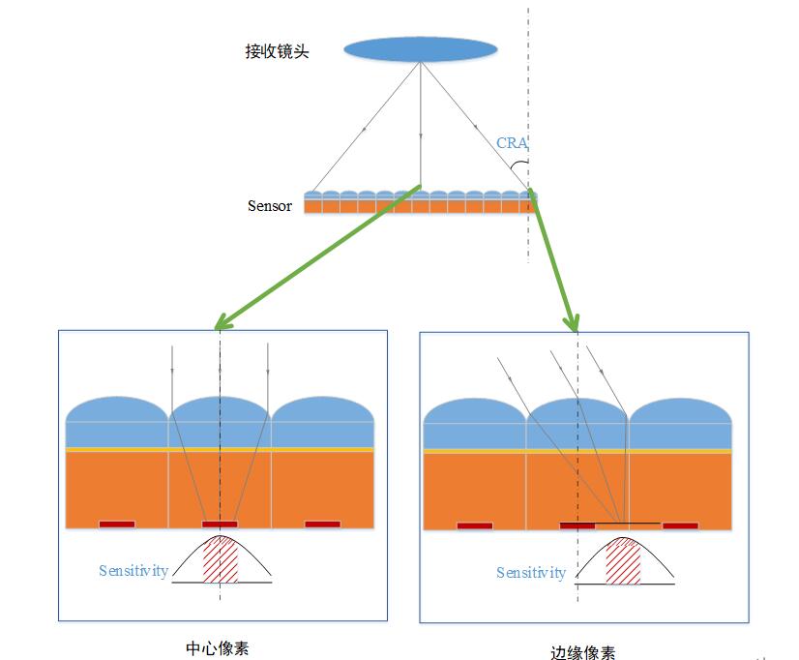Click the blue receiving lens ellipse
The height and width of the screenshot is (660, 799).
[x=421, y=50]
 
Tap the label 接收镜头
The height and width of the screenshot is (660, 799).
[x=277, y=51]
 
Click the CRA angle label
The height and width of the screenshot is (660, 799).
[x=512, y=143]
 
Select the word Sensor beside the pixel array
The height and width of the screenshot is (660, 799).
[x=269, y=206]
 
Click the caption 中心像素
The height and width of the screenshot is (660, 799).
[x=217, y=647]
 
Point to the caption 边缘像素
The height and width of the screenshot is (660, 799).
[x=581, y=651]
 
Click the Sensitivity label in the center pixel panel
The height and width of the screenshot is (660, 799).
[x=133, y=571]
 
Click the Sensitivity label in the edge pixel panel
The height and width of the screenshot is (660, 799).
[x=531, y=573]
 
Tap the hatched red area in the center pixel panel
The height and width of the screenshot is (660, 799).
[x=221, y=560]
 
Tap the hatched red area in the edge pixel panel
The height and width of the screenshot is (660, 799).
[x=623, y=562]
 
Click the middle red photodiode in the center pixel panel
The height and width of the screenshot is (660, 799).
[x=220, y=525]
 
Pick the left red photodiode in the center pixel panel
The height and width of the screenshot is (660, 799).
[x=117, y=525]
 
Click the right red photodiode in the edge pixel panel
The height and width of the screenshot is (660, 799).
[x=680, y=526]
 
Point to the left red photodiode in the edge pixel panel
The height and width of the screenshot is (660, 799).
[x=475, y=526]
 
